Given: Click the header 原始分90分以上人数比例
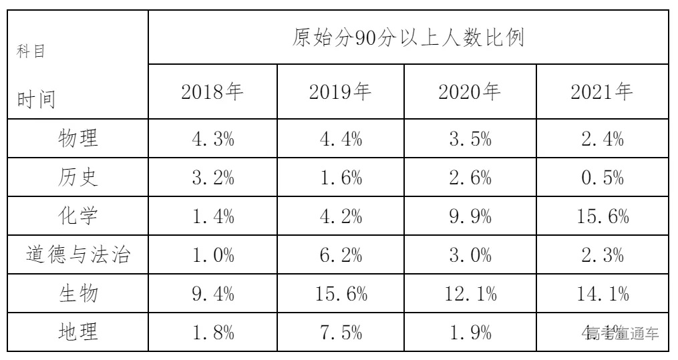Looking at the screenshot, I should point(408,37).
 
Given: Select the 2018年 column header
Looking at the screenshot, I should point(212,92).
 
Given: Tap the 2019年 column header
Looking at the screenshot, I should point(343,92).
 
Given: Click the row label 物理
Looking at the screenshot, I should point(77,140).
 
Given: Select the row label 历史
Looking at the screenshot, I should point(77,178).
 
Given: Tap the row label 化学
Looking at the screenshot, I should point(77,217).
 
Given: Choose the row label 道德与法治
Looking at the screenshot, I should point(77,256).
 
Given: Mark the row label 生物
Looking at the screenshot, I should point(77,295).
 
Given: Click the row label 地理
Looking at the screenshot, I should point(77,332).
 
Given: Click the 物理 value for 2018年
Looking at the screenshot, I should point(212,140).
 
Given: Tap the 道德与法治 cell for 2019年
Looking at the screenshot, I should point(343,256).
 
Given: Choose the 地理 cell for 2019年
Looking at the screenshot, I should point(343,332).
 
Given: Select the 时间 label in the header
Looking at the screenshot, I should point(36,100).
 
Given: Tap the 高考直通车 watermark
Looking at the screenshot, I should point(622,333).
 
